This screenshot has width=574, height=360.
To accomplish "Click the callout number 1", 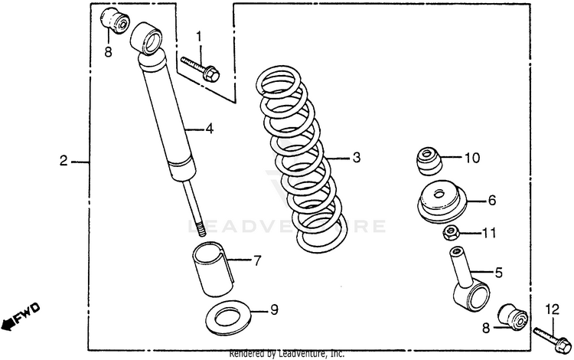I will click(199, 37).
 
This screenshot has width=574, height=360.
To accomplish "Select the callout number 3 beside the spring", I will click(355, 159).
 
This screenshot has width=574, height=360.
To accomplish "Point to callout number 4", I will click(208, 129).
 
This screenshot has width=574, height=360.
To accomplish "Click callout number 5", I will click(498, 271).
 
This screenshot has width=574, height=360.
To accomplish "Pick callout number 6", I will click(492, 200).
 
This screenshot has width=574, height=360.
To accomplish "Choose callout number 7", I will click(256, 260).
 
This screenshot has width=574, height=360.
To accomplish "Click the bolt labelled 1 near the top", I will click(201, 67).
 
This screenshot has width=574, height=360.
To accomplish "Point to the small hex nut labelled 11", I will click(452, 232).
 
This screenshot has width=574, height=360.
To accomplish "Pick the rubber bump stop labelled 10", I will click(427, 159).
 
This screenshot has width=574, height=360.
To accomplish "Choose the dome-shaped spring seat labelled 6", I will click(441, 201).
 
